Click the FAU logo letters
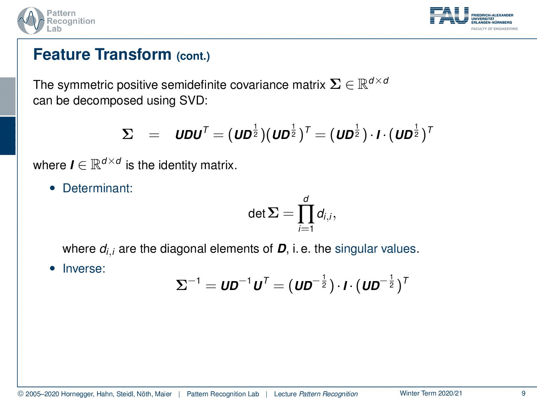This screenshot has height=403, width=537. pos(449,15)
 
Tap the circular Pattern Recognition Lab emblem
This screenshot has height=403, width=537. pos(31,21)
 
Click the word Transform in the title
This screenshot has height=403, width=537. pos(133,54)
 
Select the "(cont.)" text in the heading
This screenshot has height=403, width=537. pos(193,56)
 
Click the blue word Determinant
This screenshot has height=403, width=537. pos(98,188)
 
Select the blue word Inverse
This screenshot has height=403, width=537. pos(84,268)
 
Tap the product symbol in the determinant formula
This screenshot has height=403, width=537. pos(306,214)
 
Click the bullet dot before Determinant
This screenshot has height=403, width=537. pos(52,188)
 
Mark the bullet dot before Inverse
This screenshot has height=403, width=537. pos(52,268)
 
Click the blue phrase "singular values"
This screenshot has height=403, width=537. pos(375,249)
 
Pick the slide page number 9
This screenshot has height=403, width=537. pos(524,393)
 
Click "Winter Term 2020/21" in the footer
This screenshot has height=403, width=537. pos(431,393)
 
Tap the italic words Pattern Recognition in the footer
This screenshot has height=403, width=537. pos(328,394)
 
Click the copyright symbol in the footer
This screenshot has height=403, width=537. pos(21,394)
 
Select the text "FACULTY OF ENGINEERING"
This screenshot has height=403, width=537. pos(494,29)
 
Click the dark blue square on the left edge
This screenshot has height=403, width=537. pos(7,136)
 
